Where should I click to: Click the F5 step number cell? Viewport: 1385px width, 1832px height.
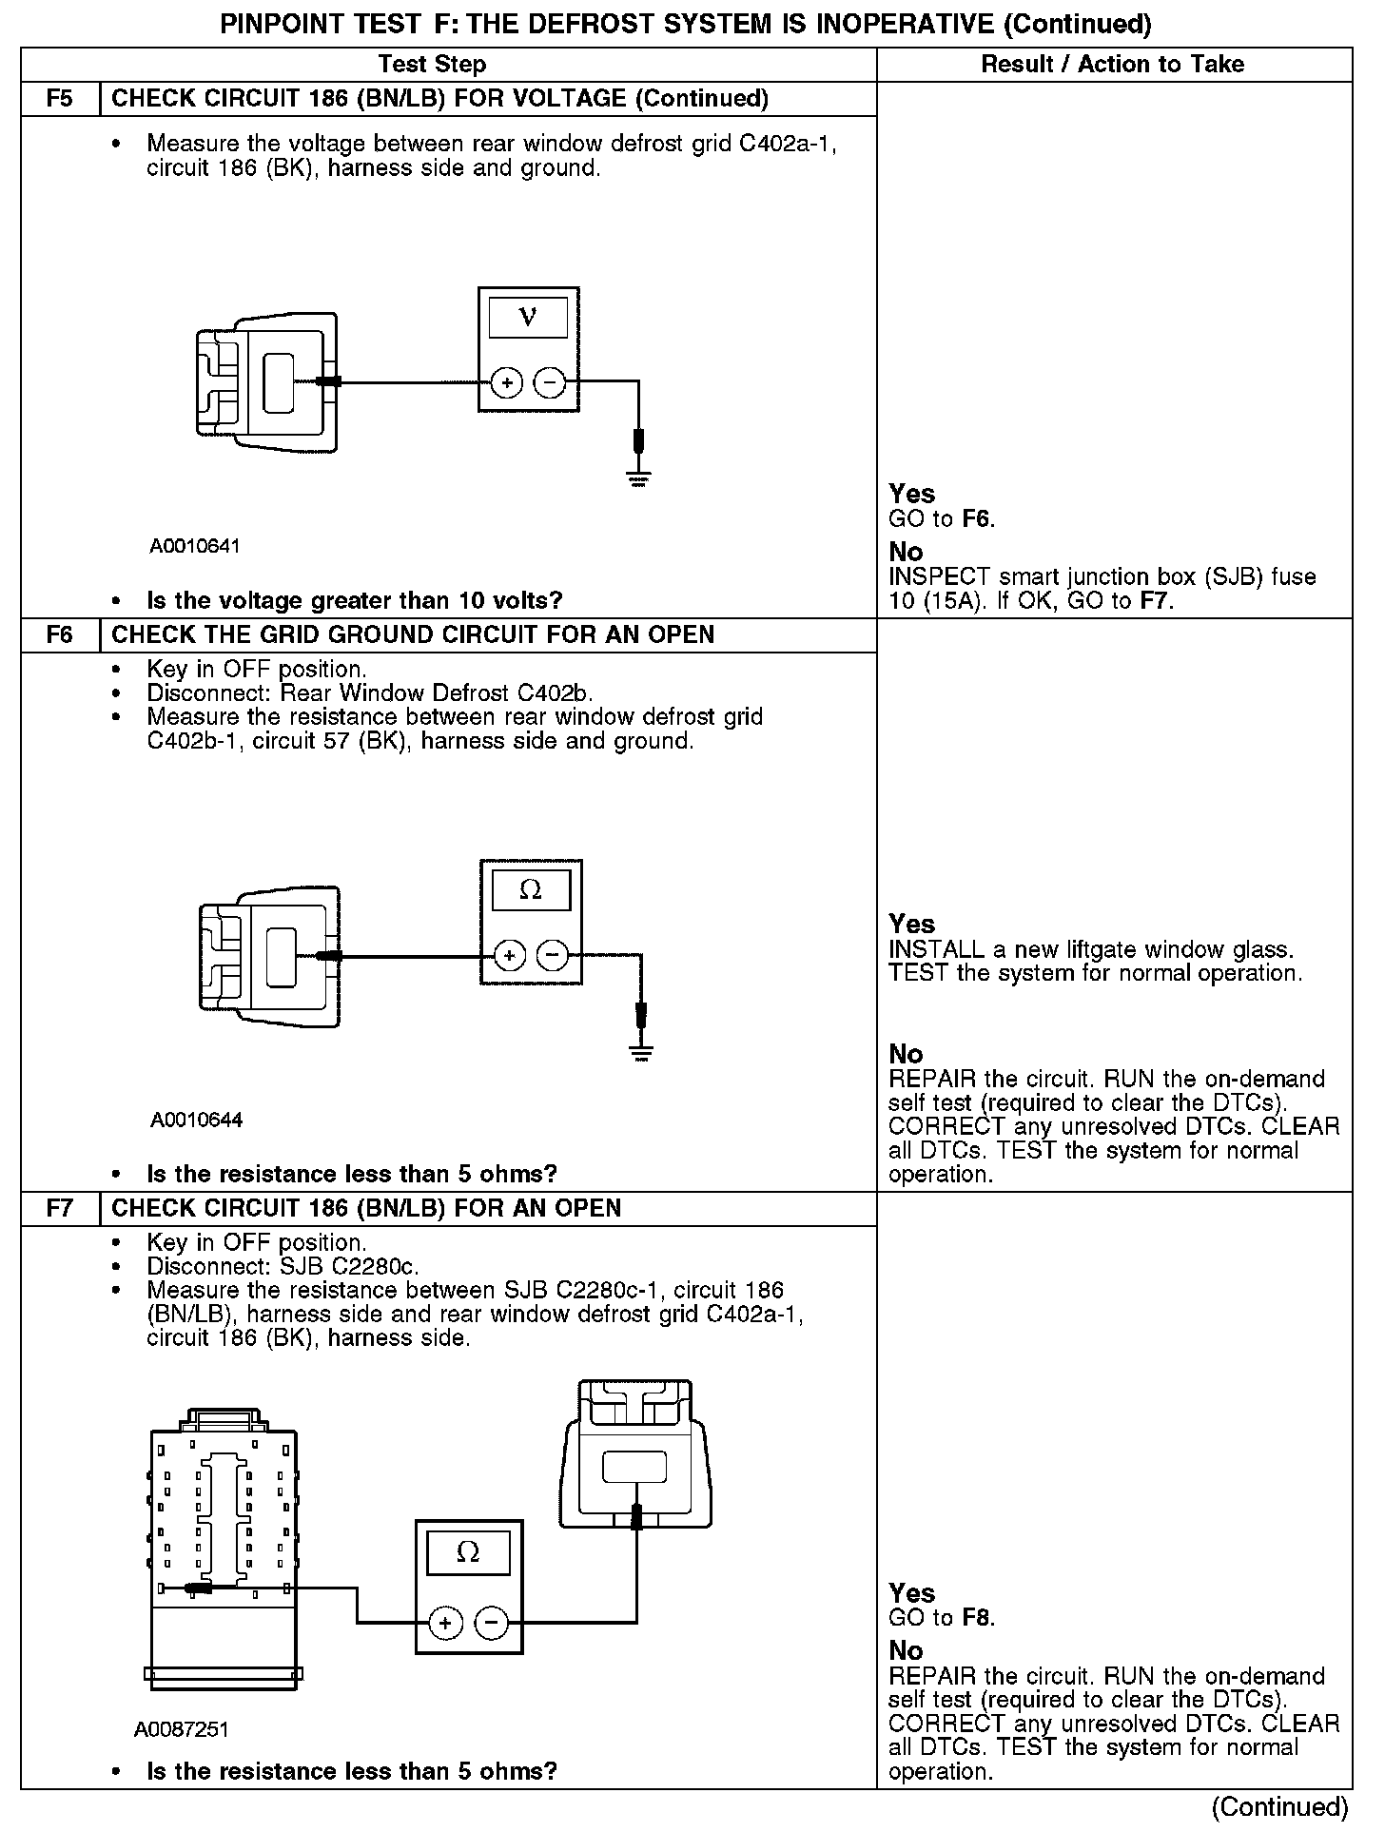tap(60, 99)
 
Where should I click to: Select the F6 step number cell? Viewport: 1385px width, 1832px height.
tap(60, 634)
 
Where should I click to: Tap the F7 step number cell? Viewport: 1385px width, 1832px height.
tap(60, 1208)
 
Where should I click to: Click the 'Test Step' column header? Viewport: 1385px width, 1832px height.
tap(432, 64)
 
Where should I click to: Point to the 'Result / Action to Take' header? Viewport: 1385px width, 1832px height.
tap(1112, 64)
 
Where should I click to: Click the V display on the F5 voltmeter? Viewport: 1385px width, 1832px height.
tap(528, 317)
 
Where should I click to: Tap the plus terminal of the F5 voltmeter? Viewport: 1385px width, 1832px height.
tap(507, 383)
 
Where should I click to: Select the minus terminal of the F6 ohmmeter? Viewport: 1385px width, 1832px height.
tap(553, 955)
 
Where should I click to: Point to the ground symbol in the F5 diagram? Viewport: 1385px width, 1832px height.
tap(637, 478)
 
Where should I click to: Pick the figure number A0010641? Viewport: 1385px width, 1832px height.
tap(195, 546)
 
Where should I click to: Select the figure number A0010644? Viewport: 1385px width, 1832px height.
tap(196, 1120)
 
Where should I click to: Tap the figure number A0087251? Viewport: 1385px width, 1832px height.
tap(182, 1729)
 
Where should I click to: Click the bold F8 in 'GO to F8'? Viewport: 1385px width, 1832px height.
tap(978, 1617)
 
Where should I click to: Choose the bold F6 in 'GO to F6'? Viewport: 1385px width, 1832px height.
tap(977, 519)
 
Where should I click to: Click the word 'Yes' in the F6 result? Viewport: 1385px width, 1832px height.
tap(911, 924)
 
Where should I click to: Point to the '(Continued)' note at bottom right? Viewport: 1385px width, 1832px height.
tap(1280, 1807)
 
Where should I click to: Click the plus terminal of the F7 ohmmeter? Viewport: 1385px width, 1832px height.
tap(445, 1623)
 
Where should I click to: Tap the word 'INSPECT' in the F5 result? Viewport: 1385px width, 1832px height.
tap(927, 577)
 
